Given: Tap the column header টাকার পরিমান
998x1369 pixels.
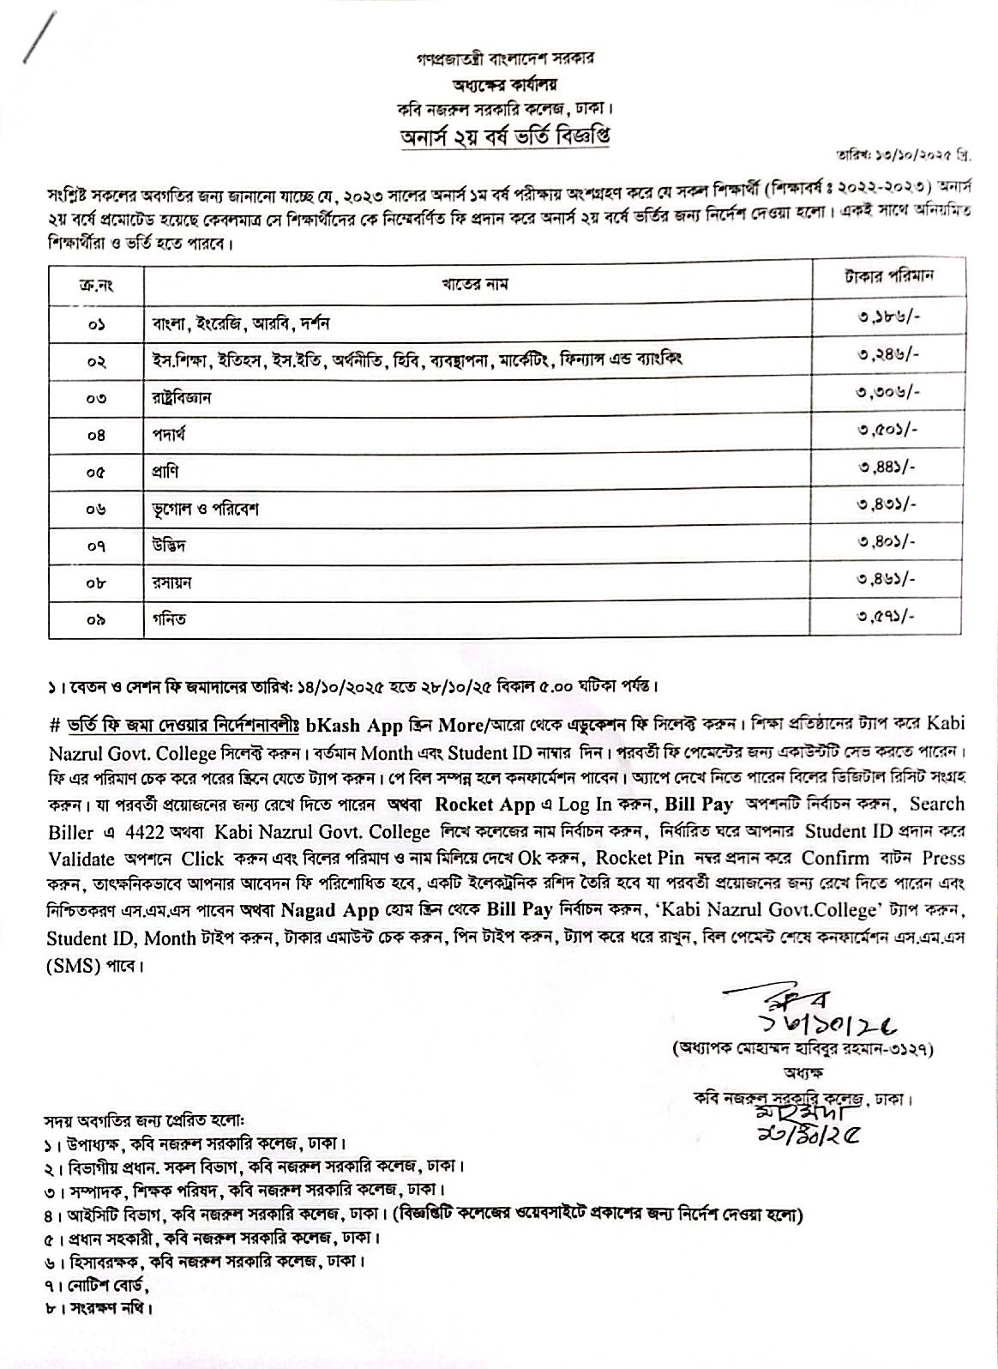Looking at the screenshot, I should [888, 277].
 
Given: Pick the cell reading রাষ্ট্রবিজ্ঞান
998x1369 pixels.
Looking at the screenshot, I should [182, 398].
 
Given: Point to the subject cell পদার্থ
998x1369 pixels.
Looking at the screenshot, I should [167, 435].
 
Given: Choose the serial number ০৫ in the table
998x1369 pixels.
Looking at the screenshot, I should [95, 472].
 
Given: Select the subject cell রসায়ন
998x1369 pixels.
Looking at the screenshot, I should [171, 582].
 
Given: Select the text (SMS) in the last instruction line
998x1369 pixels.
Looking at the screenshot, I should [75, 966].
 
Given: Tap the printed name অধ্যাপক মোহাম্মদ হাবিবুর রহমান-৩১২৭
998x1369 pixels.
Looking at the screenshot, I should [803, 1048].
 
